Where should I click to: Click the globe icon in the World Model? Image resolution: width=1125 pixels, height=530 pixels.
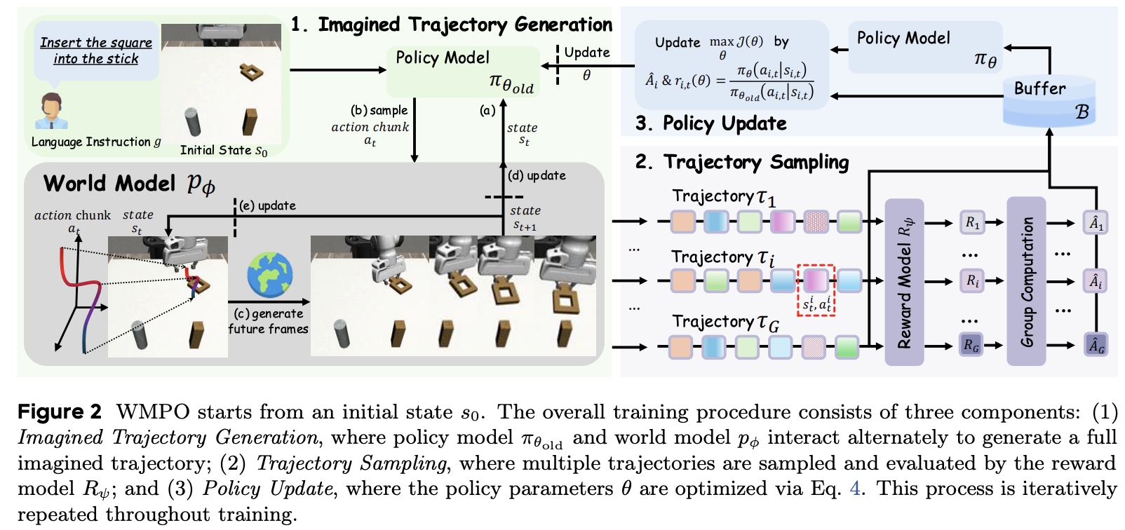coord(269,276)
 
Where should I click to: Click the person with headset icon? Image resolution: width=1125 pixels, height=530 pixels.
coord(50,111)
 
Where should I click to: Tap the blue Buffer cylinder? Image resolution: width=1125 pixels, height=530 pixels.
coord(1049,101)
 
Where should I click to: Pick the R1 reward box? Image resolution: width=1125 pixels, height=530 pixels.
coord(972,223)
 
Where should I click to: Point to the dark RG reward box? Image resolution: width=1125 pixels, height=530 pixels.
coord(971,345)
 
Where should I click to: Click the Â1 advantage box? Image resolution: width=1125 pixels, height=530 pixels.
coord(1096,223)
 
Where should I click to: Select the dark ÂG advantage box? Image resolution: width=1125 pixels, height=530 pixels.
coord(1096,345)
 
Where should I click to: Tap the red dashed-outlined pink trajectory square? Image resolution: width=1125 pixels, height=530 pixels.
coord(815,280)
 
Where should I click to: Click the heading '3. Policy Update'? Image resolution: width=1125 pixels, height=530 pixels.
coord(710,123)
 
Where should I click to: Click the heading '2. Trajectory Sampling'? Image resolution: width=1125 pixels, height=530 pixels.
coord(741,163)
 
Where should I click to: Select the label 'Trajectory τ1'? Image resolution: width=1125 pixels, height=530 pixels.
coord(723,198)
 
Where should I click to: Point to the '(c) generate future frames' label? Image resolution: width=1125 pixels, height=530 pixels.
coord(269,321)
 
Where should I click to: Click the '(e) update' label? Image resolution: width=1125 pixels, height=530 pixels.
coord(267,205)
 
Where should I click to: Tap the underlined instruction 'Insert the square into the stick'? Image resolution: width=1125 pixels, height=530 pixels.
coord(96,50)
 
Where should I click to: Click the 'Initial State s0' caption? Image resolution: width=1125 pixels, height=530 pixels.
coord(223,150)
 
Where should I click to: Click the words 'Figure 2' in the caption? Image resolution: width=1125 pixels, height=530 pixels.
coord(60,412)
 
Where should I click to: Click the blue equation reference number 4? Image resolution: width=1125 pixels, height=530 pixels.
coord(854,488)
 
